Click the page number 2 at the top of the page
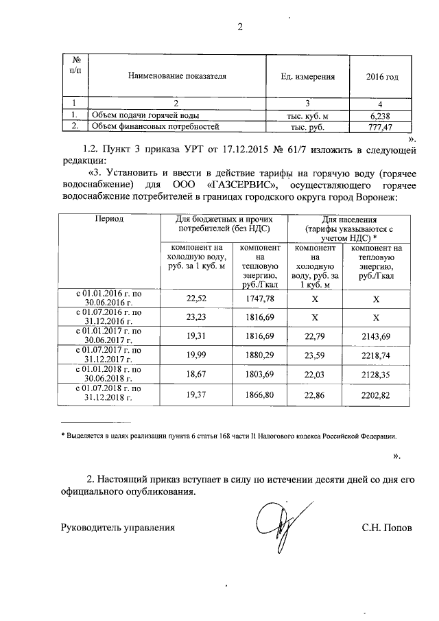240,27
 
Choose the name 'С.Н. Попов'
388,528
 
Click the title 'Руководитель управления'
118,528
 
